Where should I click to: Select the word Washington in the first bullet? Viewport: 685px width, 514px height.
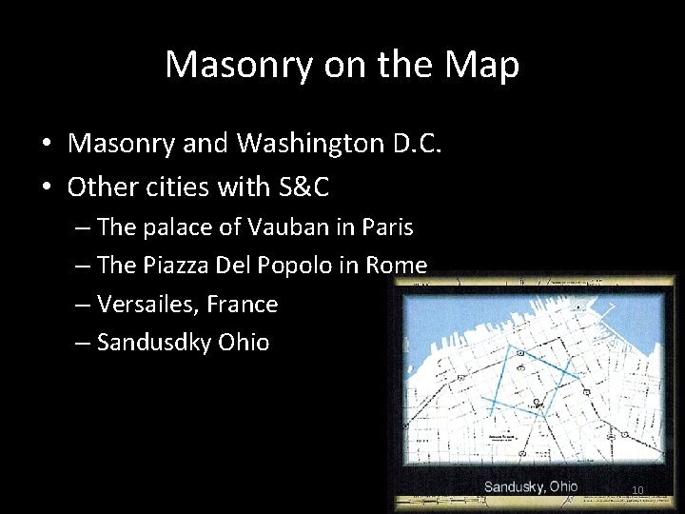(x=311, y=144)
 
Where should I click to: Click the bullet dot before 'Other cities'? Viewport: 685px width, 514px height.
(x=46, y=188)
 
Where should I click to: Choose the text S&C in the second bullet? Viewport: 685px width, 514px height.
(x=303, y=188)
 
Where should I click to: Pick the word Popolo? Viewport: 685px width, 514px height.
(x=290, y=267)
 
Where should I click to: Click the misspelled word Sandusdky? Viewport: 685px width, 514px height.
(x=154, y=343)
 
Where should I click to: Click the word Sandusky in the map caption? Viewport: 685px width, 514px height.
(x=514, y=487)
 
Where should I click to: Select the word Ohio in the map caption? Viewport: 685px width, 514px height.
(x=562, y=486)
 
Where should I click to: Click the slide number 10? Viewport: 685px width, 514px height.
(x=637, y=491)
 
